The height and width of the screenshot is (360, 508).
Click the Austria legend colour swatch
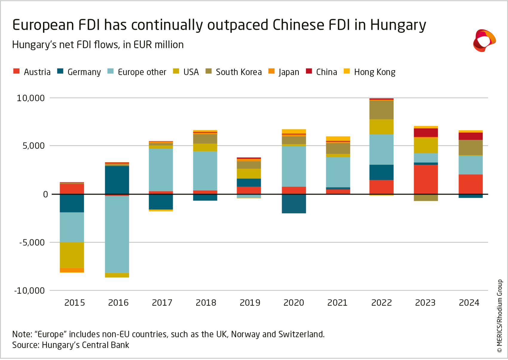(16, 71)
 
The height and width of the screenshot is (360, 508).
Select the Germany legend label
(84, 72)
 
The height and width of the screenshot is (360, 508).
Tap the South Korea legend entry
(238, 72)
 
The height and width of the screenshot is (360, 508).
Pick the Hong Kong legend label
(374, 72)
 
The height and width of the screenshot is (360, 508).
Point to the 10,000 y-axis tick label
(30, 98)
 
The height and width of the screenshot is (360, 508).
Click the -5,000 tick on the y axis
(32, 242)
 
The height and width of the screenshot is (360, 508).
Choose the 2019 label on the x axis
(250, 303)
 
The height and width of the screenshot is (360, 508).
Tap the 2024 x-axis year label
(469, 303)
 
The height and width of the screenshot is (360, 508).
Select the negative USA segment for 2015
(72, 255)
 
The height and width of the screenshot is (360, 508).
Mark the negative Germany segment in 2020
(294, 204)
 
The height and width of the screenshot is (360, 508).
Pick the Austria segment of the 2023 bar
(426, 179)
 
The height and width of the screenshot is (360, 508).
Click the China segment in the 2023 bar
(426, 133)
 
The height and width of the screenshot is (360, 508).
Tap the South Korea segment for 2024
(471, 148)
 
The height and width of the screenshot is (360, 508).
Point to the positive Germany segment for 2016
(117, 180)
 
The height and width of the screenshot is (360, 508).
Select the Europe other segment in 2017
(161, 170)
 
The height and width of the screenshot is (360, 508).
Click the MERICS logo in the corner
(484, 40)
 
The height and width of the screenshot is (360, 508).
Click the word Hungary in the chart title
(398, 25)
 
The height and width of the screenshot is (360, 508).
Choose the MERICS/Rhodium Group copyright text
(500, 316)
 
